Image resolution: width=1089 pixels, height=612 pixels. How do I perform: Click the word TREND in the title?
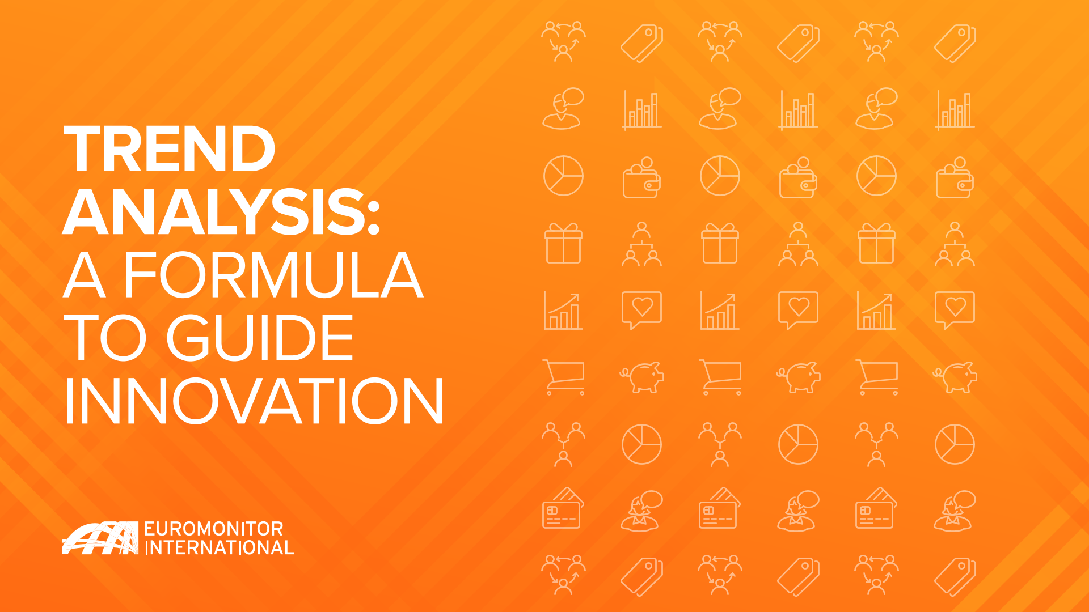(x=170, y=149)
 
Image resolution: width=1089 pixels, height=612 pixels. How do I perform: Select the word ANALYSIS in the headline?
(x=214, y=212)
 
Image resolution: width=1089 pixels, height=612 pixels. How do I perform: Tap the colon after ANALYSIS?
(x=373, y=218)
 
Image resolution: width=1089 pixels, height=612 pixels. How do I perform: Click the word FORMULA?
(x=273, y=275)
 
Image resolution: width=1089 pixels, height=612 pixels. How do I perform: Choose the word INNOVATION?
(x=254, y=401)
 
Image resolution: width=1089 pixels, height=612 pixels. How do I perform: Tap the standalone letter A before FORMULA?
(x=85, y=275)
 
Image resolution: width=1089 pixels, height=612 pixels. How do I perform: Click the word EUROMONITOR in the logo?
(x=214, y=529)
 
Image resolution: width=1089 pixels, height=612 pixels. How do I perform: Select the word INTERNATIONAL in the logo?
(x=220, y=548)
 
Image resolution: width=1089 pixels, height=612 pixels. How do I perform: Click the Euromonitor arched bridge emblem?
(x=100, y=538)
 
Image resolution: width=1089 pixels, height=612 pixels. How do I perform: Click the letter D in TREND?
(x=253, y=149)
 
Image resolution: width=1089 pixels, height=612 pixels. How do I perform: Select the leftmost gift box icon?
(x=563, y=243)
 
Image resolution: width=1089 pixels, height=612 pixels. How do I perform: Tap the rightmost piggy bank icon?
(x=955, y=377)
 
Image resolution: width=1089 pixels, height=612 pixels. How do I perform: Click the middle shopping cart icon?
(x=720, y=377)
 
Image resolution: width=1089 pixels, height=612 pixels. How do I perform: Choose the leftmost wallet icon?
(x=641, y=177)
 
